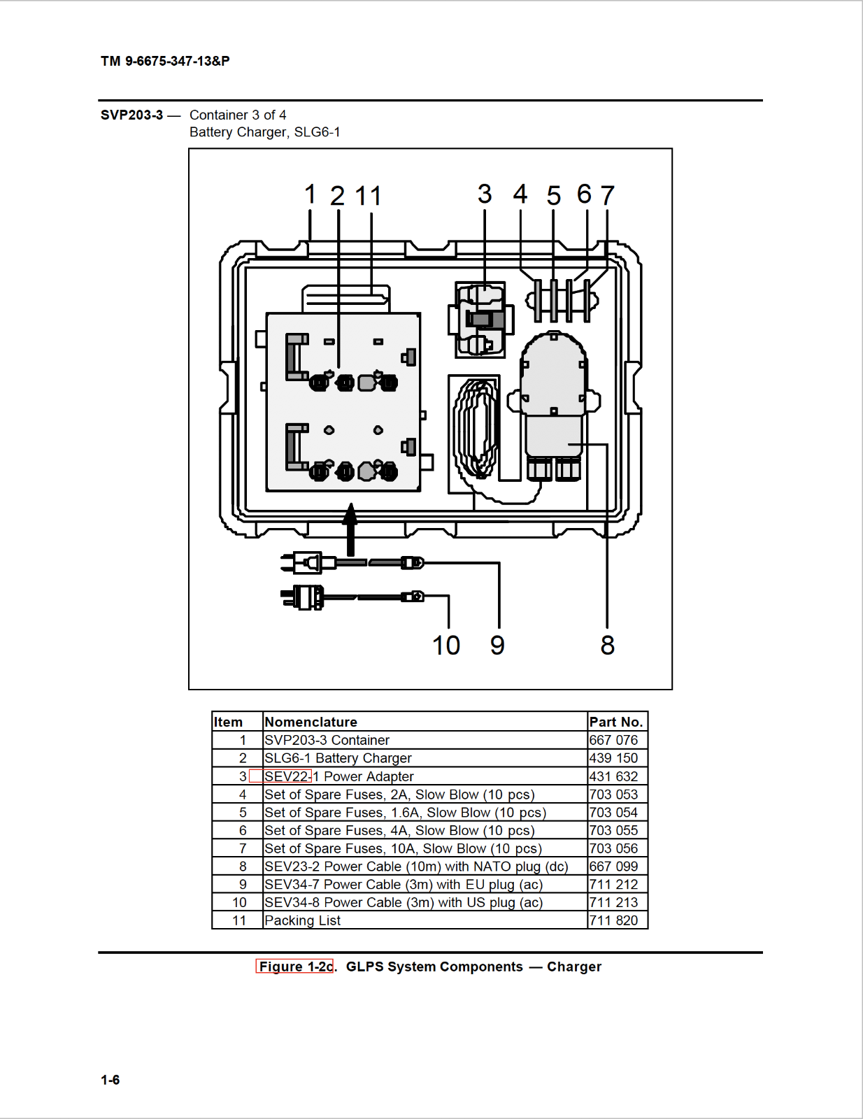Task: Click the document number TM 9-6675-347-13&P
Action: coord(165,62)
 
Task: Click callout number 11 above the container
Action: coord(369,197)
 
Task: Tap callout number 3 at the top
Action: coord(485,194)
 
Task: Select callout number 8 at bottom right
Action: coord(607,646)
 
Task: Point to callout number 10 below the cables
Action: coord(446,646)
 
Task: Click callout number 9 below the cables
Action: coord(497,646)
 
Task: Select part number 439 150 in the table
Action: coord(613,758)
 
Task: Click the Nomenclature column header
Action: coord(311,722)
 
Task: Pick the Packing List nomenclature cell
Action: coord(303,920)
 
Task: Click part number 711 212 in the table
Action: coord(613,885)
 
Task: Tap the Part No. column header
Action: coord(615,722)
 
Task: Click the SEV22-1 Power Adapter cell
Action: coord(339,776)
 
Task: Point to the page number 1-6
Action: coord(110,1080)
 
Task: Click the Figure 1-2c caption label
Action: coord(295,967)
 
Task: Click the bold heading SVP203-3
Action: coord(131,115)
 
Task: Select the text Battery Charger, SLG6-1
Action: coord(264,132)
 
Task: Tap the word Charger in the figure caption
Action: coord(573,967)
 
